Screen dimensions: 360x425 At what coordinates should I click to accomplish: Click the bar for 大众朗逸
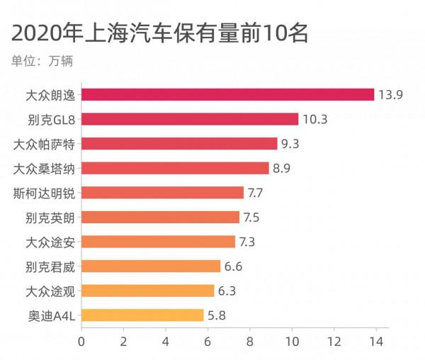click(227, 94)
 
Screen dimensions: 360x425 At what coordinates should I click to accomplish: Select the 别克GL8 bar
click(190, 119)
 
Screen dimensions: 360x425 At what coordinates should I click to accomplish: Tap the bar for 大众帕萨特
click(179, 144)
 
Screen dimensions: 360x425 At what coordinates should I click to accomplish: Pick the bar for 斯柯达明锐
click(162, 193)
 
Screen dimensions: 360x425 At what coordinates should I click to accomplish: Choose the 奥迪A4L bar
click(142, 315)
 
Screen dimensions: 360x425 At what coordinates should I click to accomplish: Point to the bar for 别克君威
click(151, 266)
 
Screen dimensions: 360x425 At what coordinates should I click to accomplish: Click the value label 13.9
click(390, 95)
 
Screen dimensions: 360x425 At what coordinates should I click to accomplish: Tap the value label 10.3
click(314, 119)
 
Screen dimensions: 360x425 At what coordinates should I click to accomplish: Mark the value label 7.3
click(247, 242)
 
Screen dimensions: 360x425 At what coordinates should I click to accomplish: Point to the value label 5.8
click(216, 315)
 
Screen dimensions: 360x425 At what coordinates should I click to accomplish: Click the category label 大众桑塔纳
click(45, 169)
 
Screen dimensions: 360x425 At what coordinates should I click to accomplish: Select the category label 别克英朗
click(50, 218)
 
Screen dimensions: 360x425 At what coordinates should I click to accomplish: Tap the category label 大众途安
click(50, 242)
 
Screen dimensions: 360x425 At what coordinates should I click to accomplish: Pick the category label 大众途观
click(50, 291)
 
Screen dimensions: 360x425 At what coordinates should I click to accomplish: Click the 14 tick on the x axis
click(375, 342)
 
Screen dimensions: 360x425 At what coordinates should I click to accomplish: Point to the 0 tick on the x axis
click(81, 342)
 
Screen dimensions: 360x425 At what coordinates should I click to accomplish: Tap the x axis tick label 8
click(249, 342)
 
